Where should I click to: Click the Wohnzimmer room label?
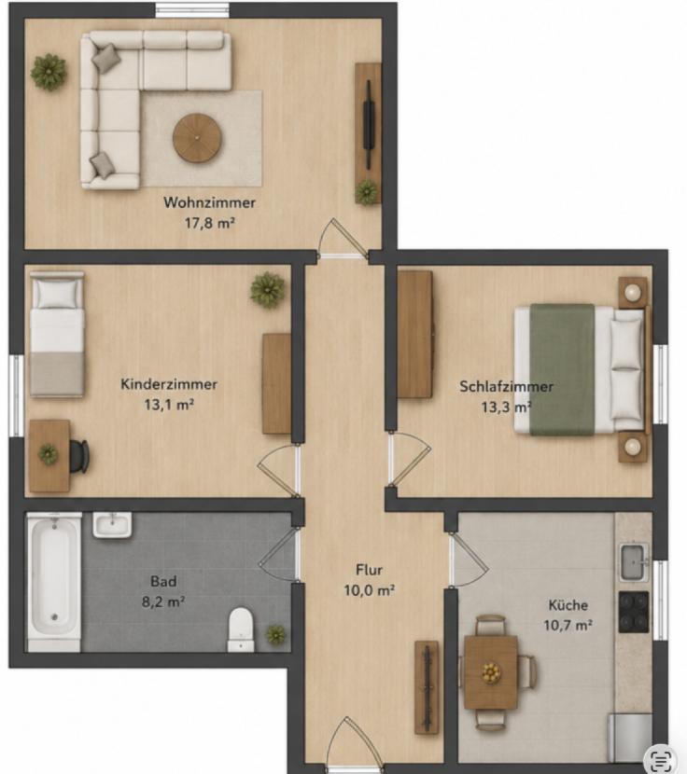click(210, 202)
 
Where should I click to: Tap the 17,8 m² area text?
click(210, 223)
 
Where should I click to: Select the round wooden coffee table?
click(197, 138)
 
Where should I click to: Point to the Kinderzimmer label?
click(169, 384)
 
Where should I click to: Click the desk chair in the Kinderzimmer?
click(79, 456)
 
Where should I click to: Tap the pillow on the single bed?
click(57, 293)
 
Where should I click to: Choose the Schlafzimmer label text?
click(507, 386)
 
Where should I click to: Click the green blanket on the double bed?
click(563, 369)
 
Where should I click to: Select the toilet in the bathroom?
click(241, 629)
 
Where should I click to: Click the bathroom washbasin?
click(112, 525)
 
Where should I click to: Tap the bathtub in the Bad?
click(54, 582)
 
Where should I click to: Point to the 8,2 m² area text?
click(163, 602)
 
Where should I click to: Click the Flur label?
click(370, 570)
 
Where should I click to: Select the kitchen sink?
click(634, 562)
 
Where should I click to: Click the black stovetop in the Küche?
click(634, 612)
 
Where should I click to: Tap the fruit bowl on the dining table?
click(491, 672)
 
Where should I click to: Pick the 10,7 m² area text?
click(568, 626)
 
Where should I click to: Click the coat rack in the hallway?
click(427, 687)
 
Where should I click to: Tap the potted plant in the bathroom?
click(275, 635)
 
